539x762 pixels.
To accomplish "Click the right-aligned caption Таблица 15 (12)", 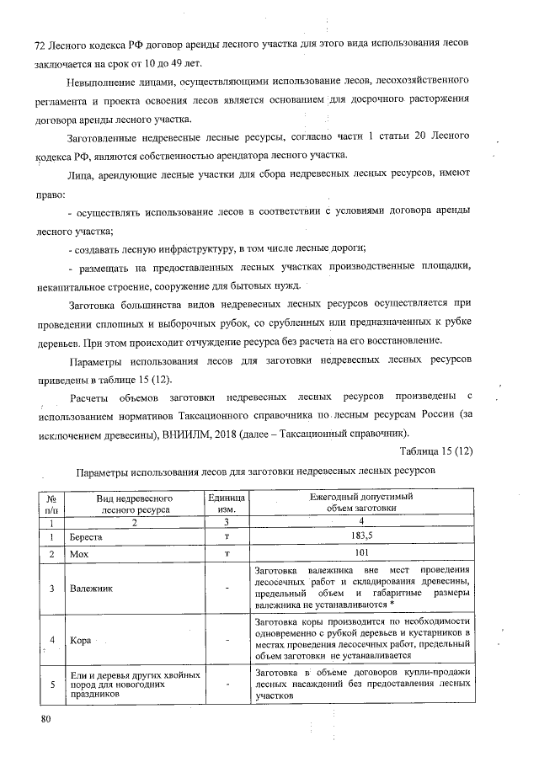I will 436,452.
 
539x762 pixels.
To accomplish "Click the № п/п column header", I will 51,504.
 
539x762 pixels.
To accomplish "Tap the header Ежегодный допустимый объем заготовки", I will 360,504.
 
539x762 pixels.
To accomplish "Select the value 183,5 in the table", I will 360,536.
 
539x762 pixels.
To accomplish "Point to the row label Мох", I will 80,554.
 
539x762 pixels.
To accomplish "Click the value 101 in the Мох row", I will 360,554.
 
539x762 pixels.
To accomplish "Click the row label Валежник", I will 91,588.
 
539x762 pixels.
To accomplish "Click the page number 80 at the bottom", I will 45,718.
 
